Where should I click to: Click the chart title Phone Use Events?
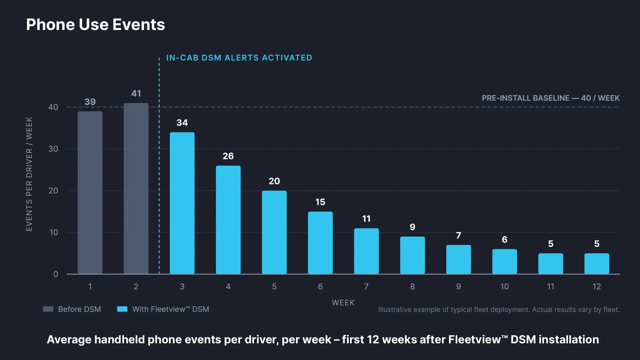[x=95, y=25]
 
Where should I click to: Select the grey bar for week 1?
[x=90, y=193]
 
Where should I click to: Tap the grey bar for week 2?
[x=136, y=188]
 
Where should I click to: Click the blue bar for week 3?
[x=182, y=203]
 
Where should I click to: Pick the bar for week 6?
[x=320, y=243]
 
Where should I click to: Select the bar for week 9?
[x=459, y=259]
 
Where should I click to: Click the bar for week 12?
[x=597, y=264]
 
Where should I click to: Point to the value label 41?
[x=136, y=93]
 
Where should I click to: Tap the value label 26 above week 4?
[x=228, y=156]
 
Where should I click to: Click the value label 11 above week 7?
[x=366, y=219]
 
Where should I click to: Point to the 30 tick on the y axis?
[x=53, y=149]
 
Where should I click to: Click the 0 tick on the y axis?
[x=56, y=274]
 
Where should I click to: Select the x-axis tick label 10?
[x=505, y=287]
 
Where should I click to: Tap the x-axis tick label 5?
[x=274, y=287]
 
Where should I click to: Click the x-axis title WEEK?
[x=343, y=303]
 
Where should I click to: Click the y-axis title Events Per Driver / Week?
[x=29, y=174]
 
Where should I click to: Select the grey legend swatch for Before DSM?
[x=48, y=309]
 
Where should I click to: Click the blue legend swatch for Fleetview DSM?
[x=122, y=309]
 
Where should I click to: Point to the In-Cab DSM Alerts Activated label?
[x=239, y=58]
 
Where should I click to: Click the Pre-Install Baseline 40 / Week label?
[x=551, y=98]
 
